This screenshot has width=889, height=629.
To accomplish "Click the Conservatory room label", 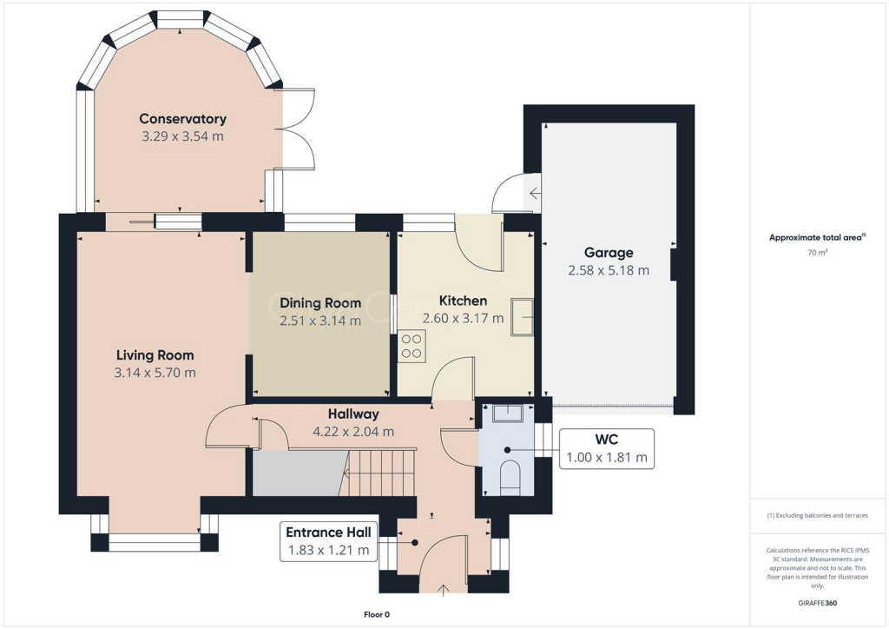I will click(x=182, y=119).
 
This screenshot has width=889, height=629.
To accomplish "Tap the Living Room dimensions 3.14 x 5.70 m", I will click(x=155, y=373).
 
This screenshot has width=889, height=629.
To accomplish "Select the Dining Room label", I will click(x=320, y=303).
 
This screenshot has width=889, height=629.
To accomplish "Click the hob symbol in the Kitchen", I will click(x=412, y=348).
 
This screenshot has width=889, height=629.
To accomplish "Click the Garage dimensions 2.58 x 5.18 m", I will click(x=608, y=270).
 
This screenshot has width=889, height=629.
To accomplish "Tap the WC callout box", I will click(x=606, y=448).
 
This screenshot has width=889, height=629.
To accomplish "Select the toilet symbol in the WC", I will click(x=510, y=477).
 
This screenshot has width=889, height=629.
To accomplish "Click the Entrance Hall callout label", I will click(x=328, y=541).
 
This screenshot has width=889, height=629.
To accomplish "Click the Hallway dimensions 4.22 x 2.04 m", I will click(x=353, y=432).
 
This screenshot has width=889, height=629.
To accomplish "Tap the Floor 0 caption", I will click(x=377, y=615).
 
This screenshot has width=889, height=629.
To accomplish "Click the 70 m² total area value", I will click(x=817, y=253).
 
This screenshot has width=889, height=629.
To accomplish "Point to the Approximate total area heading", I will click(x=816, y=237).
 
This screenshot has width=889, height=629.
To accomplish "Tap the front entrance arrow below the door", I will click(x=444, y=590).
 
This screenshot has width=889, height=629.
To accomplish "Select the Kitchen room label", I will click(x=463, y=301).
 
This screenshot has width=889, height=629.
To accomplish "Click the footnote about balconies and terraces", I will click(x=817, y=515).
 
